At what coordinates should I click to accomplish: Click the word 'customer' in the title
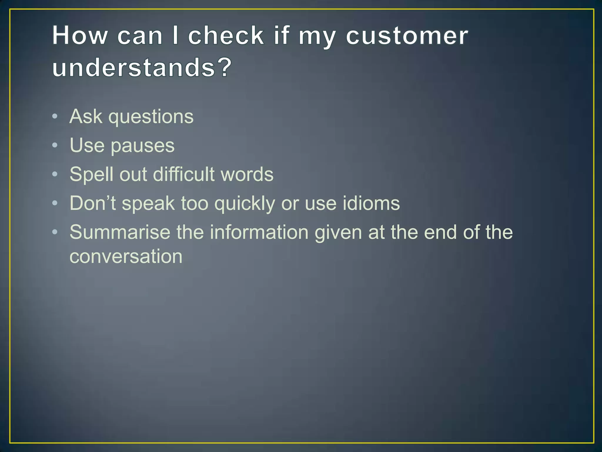(x=407, y=36)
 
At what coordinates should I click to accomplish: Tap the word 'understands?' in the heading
(x=142, y=67)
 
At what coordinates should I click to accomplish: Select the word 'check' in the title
(x=226, y=36)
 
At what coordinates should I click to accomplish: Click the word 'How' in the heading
(x=80, y=36)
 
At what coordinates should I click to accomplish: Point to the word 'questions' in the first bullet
(x=151, y=117)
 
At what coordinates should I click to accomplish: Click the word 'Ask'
(x=86, y=117)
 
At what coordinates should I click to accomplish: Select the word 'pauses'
(x=143, y=146)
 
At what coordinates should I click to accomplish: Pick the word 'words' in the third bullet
(x=247, y=174)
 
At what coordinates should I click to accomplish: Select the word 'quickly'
(x=245, y=204)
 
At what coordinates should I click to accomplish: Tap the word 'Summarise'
(x=120, y=232)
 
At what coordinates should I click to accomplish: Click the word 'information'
(x=259, y=232)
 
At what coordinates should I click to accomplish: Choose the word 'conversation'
(x=126, y=256)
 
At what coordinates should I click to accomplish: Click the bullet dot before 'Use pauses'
(x=55, y=145)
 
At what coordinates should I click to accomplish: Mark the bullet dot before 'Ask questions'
(x=55, y=117)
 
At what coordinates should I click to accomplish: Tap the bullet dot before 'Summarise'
(x=55, y=232)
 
